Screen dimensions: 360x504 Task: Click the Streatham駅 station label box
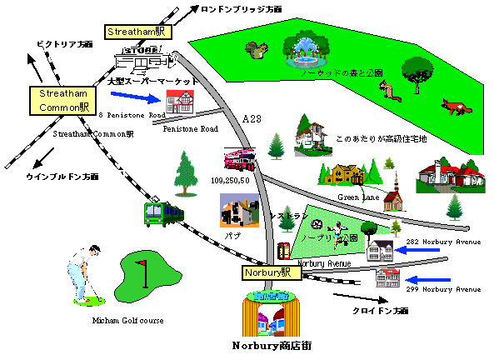136,32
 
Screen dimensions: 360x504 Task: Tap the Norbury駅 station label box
267,272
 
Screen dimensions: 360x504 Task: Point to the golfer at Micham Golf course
86,271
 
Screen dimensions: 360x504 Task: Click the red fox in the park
456,108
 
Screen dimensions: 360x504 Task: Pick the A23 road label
250,119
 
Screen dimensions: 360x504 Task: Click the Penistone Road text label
190,129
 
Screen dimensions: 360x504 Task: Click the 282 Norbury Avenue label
442,242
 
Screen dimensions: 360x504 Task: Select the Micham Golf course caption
127,320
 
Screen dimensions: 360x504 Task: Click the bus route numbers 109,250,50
231,179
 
